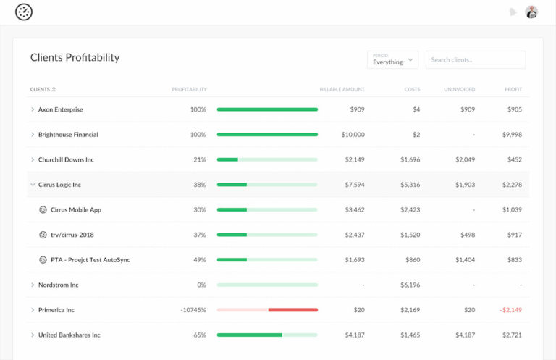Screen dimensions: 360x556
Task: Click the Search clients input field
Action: (x=475, y=59)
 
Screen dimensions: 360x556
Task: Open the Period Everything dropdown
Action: (x=392, y=59)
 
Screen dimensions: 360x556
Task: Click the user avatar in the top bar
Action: (x=531, y=12)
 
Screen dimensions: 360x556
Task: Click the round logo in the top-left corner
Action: (x=24, y=12)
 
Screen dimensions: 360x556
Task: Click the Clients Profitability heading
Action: (x=75, y=57)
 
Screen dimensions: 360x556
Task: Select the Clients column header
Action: (x=42, y=89)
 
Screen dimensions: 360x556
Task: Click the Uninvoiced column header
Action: (x=460, y=89)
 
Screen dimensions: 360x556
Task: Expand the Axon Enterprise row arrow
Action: (x=33, y=109)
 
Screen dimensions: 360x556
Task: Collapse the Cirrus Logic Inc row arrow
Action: (x=33, y=185)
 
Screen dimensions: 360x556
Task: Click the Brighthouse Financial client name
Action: (x=68, y=135)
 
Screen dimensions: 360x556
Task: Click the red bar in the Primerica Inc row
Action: (x=292, y=310)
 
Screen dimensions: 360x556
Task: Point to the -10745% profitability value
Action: (x=193, y=310)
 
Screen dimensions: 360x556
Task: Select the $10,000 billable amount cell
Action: (x=353, y=135)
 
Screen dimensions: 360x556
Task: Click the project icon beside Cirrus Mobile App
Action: (x=43, y=209)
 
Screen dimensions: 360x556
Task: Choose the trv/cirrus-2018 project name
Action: (x=72, y=235)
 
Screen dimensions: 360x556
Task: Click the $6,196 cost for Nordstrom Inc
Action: (x=410, y=285)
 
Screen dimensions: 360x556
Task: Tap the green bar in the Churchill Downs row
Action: (x=227, y=159)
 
